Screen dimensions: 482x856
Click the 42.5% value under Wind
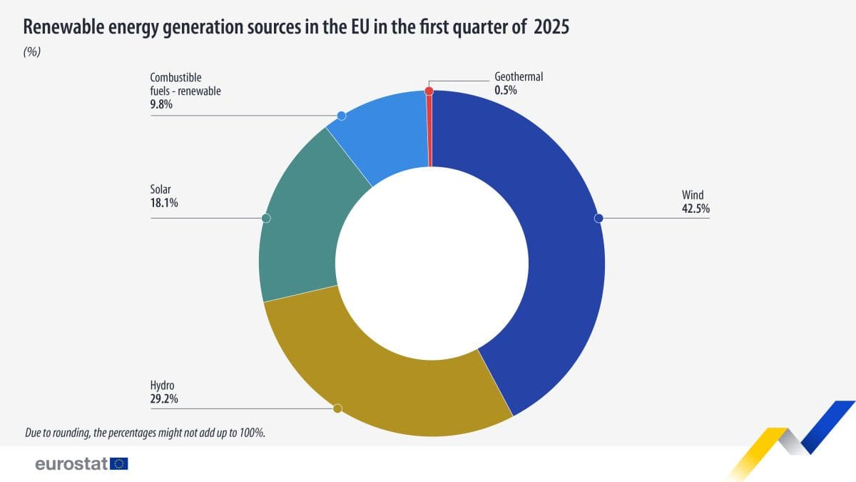[x=695, y=209]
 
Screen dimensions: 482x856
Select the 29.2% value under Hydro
[x=164, y=399]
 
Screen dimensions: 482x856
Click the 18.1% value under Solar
[x=163, y=203]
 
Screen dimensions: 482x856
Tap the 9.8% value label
[x=161, y=104]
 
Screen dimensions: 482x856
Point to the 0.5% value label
[x=505, y=90]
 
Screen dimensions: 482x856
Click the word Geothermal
[x=519, y=76]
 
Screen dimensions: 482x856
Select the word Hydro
[x=162, y=386]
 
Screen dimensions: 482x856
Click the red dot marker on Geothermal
[x=429, y=91]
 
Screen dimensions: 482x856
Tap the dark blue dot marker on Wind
[x=599, y=218]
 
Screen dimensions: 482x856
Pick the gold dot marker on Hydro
[x=338, y=408]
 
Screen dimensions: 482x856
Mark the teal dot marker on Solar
[x=266, y=218]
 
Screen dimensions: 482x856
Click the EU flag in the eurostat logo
[x=119, y=464]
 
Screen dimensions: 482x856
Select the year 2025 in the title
[x=551, y=27]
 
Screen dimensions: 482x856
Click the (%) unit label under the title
[x=33, y=52]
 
